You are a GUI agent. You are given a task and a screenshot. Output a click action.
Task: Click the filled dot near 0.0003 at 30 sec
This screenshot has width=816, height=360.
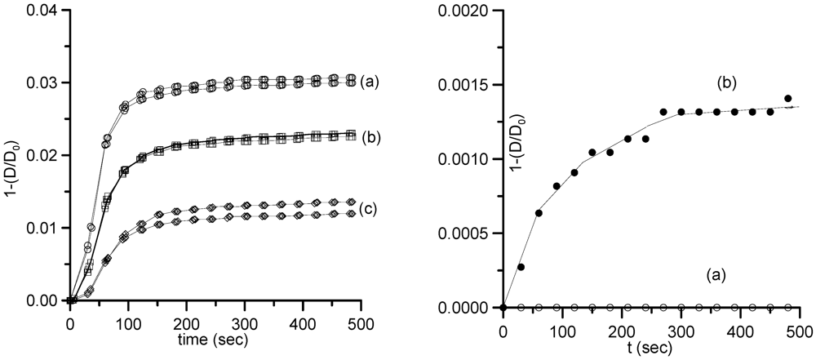tap(521, 267)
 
